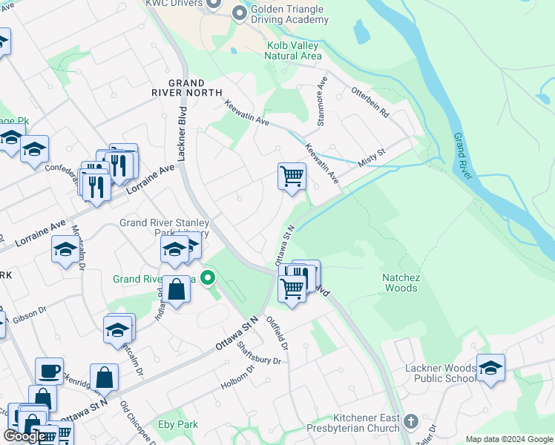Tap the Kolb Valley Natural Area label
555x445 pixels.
(x=295, y=50)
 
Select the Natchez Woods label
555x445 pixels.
(x=401, y=282)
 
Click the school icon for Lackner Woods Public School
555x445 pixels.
(x=490, y=367)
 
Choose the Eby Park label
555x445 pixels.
(x=178, y=424)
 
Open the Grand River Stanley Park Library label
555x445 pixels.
(x=165, y=228)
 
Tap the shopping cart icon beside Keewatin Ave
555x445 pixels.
(x=292, y=177)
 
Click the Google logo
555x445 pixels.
(x=24, y=436)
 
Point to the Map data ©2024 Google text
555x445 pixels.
(x=508, y=439)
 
